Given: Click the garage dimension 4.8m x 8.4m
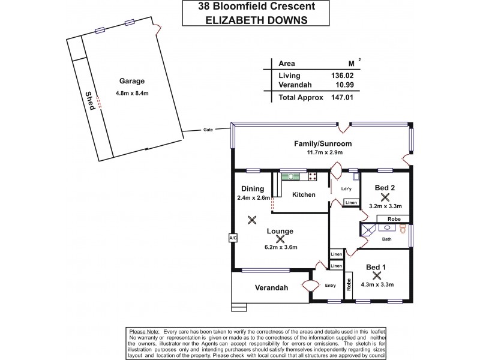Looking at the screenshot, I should [x=132, y=93].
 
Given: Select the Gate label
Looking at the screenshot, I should [x=208, y=129].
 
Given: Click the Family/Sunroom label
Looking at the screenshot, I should [x=322, y=144].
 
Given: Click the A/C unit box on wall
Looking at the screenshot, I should [x=232, y=238].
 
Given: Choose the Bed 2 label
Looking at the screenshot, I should [x=384, y=187].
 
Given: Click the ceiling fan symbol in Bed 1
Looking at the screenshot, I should [x=377, y=275].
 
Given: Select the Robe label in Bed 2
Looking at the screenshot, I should [x=393, y=219].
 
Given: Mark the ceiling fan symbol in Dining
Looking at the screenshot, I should [x=253, y=220].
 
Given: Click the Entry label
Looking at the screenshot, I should [x=331, y=285].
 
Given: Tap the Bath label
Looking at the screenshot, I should [x=387, y=239].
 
